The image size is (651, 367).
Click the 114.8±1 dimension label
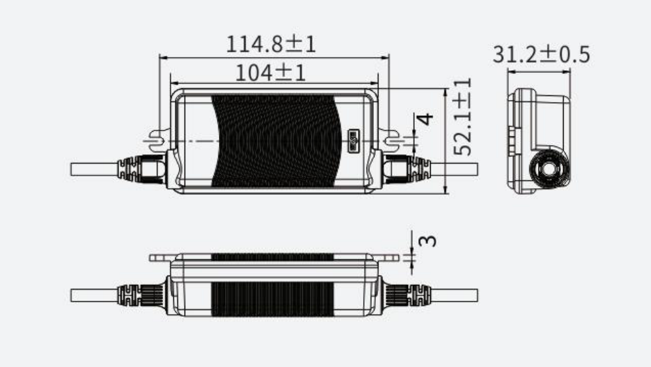(271, 44)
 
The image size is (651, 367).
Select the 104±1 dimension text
(271, 72)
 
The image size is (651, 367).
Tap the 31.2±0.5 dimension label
(541, 55)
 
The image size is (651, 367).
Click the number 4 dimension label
(427, 120)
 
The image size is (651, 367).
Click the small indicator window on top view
(353, 140)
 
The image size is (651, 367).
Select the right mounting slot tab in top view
(392, 140)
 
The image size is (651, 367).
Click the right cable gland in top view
(408, 169)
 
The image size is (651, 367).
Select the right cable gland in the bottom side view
(406, 294)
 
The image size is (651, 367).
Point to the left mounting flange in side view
(160, 257)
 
